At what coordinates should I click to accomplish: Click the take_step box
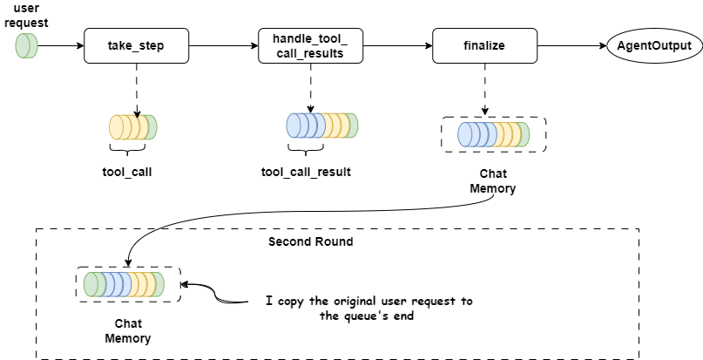click(137, 45)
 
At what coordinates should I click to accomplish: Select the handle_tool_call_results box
click(310, 45)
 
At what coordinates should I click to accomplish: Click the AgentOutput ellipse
click(650, 45)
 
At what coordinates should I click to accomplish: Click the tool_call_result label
click(306, 172)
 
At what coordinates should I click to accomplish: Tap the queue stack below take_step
click(133, 127)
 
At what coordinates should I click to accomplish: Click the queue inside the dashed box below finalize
click(494, 134)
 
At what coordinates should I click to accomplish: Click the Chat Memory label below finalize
click(492, 180)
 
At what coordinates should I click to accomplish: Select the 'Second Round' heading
click(310, 241)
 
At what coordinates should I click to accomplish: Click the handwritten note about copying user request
click(369, 309)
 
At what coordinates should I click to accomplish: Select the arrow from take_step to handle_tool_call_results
click(224, 45)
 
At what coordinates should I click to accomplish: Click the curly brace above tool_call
click(126, 152)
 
